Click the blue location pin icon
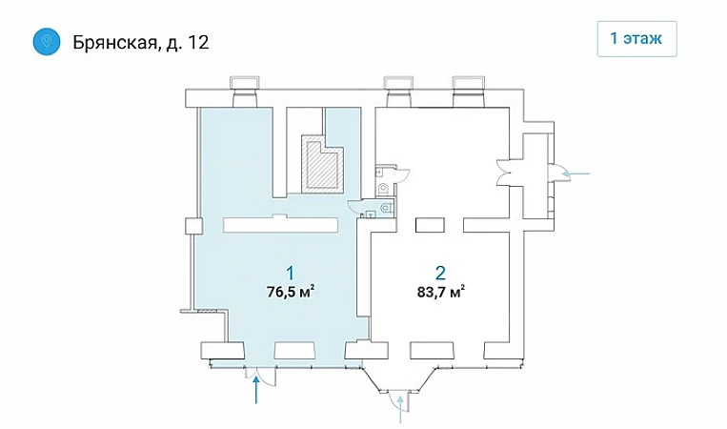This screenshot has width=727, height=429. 47,42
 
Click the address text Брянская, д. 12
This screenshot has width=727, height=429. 141,43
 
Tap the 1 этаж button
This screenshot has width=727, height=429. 636,39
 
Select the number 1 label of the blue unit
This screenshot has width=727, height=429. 291,273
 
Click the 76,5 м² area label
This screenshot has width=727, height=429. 291,292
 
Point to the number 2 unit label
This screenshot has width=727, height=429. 440,273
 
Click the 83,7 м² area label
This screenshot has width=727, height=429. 441,293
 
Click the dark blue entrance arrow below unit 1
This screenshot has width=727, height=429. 256,390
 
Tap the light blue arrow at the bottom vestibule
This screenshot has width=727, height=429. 400,409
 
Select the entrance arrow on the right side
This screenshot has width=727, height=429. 575,174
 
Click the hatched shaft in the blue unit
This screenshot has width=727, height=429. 322,164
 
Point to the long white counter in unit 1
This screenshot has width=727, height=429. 281,224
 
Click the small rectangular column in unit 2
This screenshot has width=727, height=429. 431,225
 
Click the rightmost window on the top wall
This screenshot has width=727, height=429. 469,92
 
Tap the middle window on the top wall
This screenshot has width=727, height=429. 397,92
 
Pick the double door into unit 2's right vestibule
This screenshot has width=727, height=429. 503,173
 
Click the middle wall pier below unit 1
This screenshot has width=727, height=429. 295,351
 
